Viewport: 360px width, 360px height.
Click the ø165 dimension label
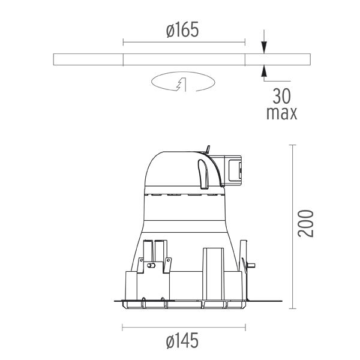[182, 30]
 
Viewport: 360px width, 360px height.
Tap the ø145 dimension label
[182, 340]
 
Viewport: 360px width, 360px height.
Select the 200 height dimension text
[305, 223]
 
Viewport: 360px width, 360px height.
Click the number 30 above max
[282, 97]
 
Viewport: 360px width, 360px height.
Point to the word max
[282, 113]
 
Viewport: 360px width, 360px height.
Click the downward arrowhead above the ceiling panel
[264, 47]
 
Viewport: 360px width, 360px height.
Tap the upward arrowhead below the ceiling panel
[264, 71]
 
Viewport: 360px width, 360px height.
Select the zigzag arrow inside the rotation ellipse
[182, 85]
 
